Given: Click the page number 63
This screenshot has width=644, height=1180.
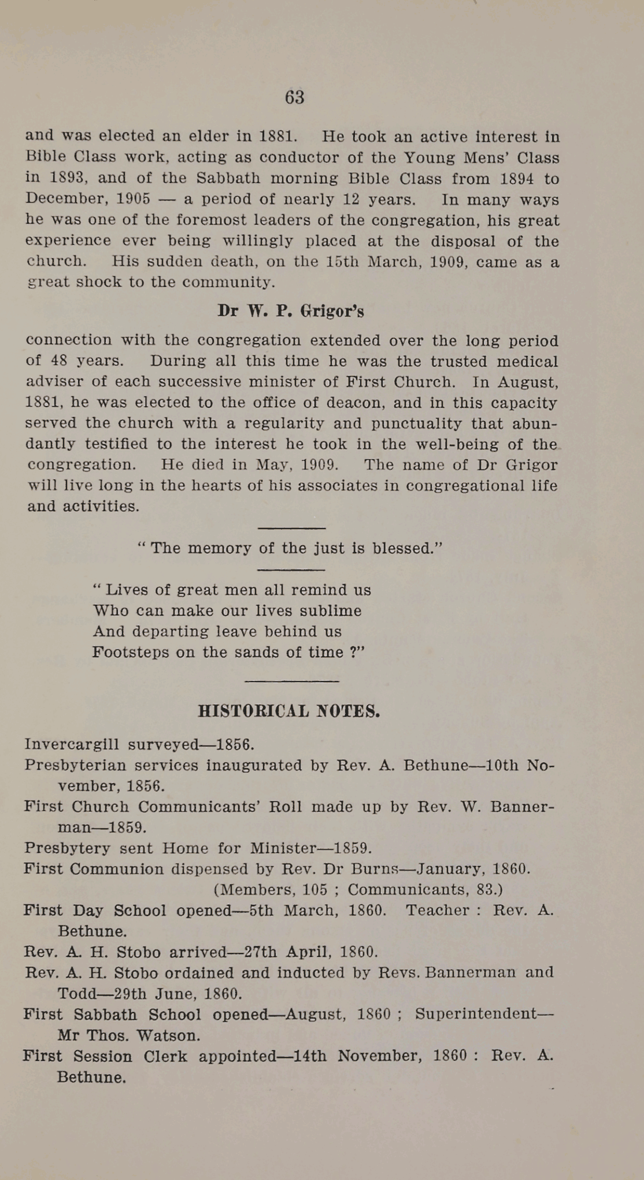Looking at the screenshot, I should [x=294, y=97].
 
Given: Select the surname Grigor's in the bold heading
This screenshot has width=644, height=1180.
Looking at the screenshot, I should [x=332, y=311].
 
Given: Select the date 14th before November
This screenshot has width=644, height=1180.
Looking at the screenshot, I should [x=310, y=1056].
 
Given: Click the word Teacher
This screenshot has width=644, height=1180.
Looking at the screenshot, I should [x=437, y=911].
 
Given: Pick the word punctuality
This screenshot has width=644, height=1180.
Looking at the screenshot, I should [x=416, y=423].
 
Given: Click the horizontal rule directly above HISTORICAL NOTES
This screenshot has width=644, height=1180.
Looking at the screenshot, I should [x=291, y=682].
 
